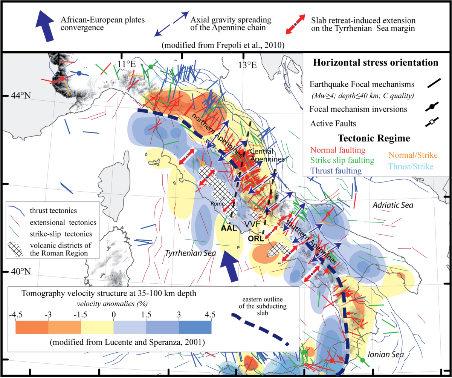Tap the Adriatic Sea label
[x=393, y=206]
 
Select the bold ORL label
[x=256, y=238]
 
